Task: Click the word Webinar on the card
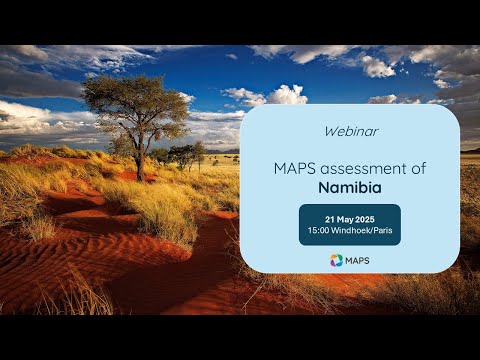tap(349, 131)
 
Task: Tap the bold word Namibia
tap(349, 187)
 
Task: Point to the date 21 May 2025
tap(349, 218)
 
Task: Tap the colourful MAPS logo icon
tap(336, 260)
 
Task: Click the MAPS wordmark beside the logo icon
tap(356, 260)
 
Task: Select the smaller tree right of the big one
tap(186, 154)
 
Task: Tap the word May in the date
tap(346, 218)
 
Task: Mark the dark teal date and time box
tap(349, 224)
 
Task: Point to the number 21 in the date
tap(330, 218)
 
